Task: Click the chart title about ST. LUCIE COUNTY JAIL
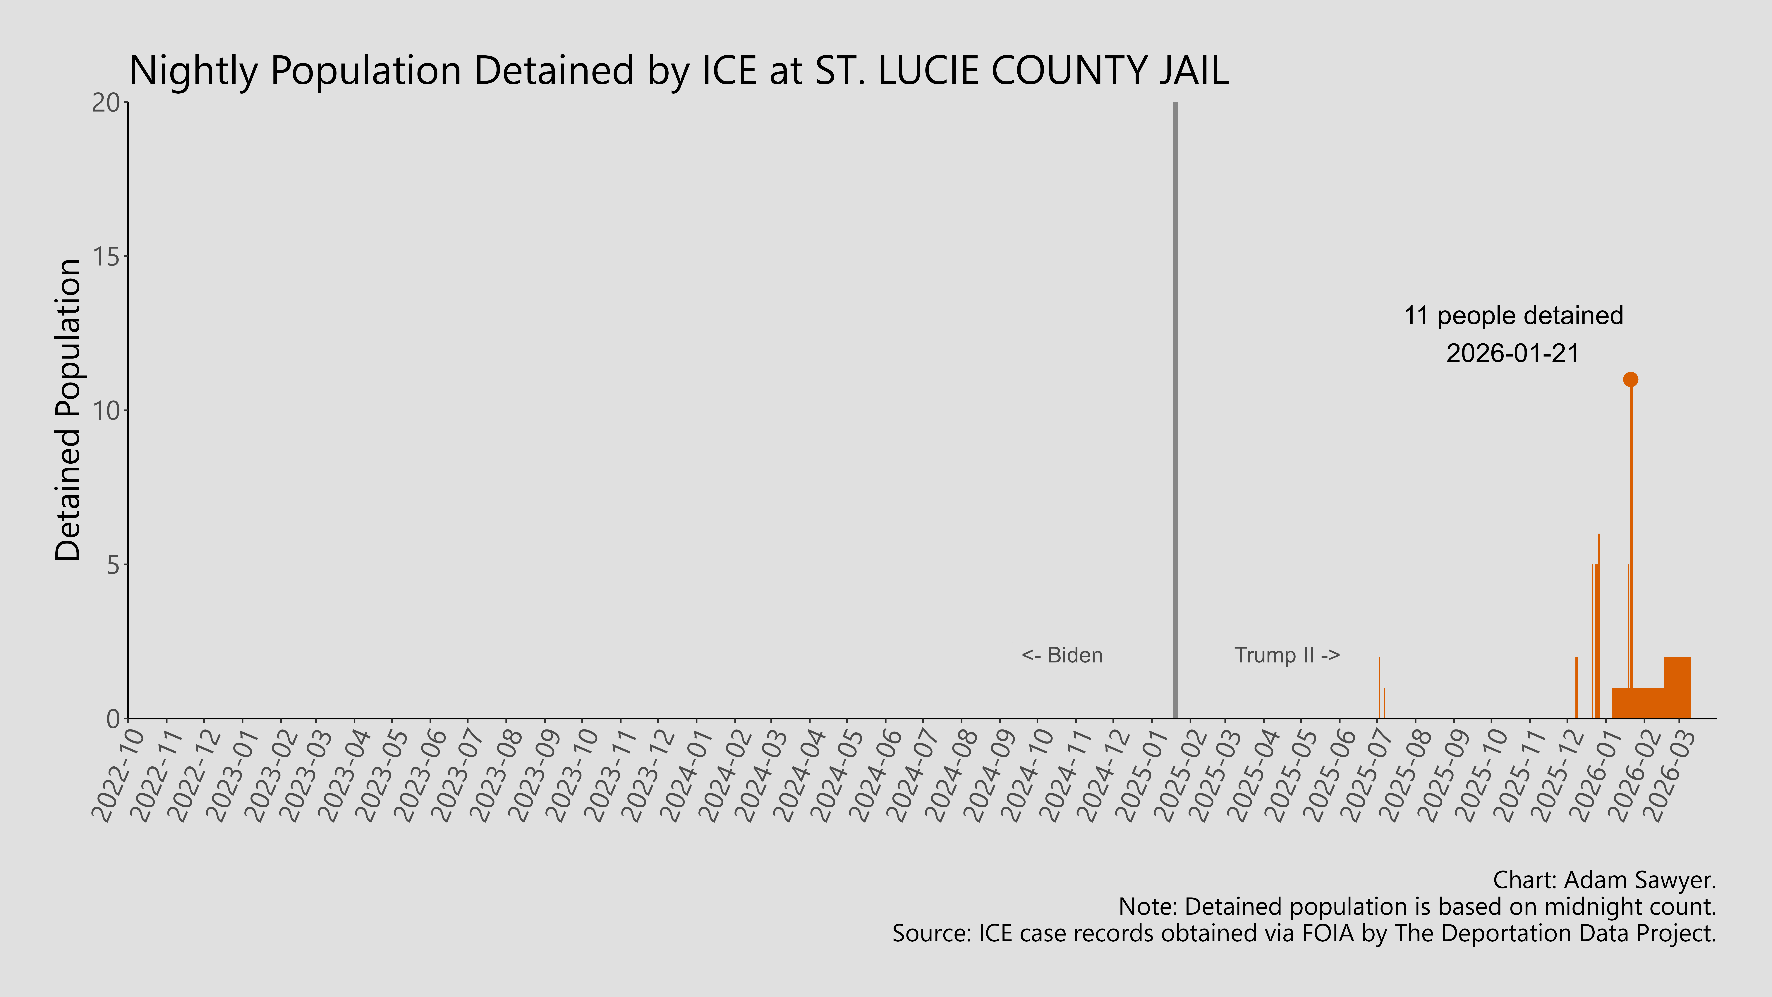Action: [678, 71]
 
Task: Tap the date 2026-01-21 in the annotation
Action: [1513, 354]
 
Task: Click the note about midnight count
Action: [1417, 907]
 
